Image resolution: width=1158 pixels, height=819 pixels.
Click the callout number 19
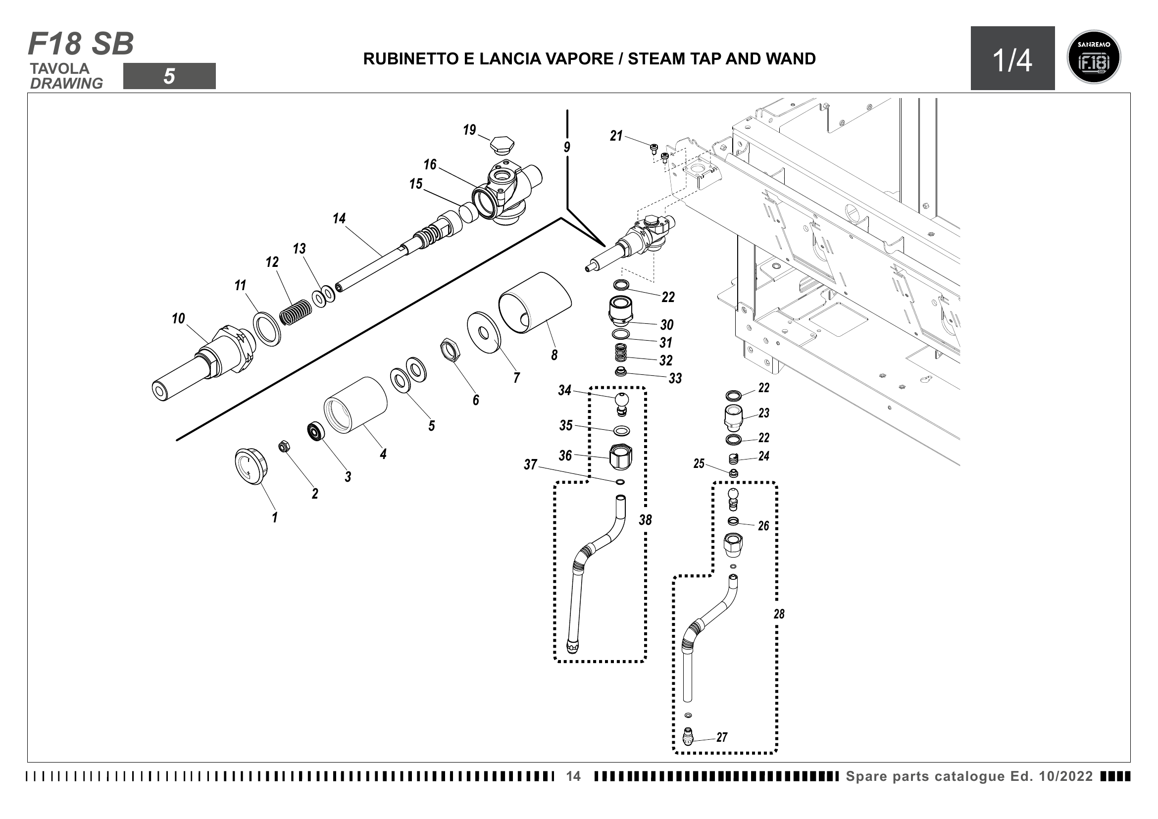point(469,130)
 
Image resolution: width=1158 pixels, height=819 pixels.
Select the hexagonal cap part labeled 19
point(502,144)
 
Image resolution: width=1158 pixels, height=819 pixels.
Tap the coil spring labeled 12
point(296,312)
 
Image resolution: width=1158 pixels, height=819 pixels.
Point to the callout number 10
point(178,319)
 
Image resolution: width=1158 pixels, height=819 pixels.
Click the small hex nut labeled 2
point(284,446)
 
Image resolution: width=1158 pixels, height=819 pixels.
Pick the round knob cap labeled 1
point(251,465)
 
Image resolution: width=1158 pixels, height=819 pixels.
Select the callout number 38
point(646,520)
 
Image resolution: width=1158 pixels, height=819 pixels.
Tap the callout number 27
point(722,737)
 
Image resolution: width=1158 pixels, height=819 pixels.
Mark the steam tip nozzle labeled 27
point(688,737)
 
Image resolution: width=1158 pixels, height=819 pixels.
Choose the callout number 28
point(779,614)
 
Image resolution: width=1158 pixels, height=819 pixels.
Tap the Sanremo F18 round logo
point(1094,57)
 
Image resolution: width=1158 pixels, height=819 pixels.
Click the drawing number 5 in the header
point(169,76)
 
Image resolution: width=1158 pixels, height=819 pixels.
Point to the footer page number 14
point(573,776)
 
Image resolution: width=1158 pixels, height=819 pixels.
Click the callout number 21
point(616,136)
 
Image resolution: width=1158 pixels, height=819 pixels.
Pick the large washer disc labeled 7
point(484,332)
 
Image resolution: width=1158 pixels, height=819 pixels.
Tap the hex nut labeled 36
point(621,457)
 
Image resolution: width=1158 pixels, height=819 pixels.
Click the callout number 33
point(675,378)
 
